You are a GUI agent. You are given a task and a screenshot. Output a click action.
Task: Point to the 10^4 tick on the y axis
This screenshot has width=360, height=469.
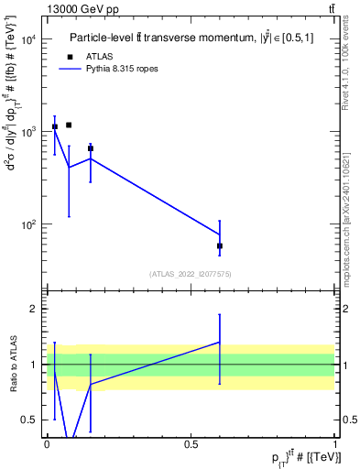29,39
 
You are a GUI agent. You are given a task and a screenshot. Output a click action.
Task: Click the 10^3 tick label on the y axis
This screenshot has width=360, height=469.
29,132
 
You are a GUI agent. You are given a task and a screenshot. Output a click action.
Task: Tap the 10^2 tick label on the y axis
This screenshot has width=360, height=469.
29,224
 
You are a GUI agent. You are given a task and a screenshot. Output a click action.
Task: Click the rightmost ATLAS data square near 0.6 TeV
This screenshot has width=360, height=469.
220,245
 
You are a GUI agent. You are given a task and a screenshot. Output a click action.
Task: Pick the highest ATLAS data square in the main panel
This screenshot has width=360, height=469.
69,125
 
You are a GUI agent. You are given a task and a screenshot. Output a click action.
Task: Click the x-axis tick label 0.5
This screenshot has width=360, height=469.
191,444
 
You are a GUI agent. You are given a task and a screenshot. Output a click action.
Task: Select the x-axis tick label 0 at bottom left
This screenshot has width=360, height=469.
47,444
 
